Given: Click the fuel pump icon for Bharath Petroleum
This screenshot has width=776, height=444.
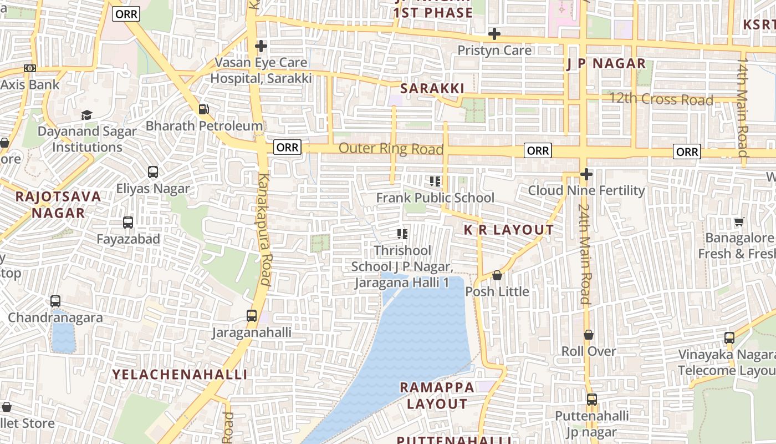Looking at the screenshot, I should click(204, 109).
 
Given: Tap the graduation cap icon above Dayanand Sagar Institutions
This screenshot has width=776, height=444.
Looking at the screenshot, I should click(86, 115).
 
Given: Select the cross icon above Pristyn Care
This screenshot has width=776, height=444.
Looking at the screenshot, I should click(494, 34).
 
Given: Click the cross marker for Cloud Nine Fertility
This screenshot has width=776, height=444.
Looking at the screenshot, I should click(586, 175).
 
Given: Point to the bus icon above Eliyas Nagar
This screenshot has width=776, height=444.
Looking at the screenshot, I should click(153, 172).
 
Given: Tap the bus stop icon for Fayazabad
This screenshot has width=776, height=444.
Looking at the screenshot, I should click(128, 223).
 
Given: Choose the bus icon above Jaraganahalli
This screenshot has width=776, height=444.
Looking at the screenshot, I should click(252, 316).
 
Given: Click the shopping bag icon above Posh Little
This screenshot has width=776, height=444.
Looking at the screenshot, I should click(497, 275).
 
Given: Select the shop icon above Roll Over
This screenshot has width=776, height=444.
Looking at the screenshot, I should click(589, 335).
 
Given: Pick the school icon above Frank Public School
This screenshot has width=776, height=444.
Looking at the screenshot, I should click(435, 181).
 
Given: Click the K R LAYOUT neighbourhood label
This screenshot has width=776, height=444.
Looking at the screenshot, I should click(508, 230).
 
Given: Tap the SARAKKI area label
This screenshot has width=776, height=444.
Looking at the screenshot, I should click(432, 88).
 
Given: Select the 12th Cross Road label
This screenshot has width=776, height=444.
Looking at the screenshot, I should click(661, 99).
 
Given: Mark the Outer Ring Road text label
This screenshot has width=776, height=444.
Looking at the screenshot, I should click(391, 149).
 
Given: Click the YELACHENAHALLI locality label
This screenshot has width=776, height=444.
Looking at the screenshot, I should click(180, 374).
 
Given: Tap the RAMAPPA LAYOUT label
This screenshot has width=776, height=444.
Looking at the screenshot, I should click(437, 395).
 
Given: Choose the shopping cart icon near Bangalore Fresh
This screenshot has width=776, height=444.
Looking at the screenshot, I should click(739, 222).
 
